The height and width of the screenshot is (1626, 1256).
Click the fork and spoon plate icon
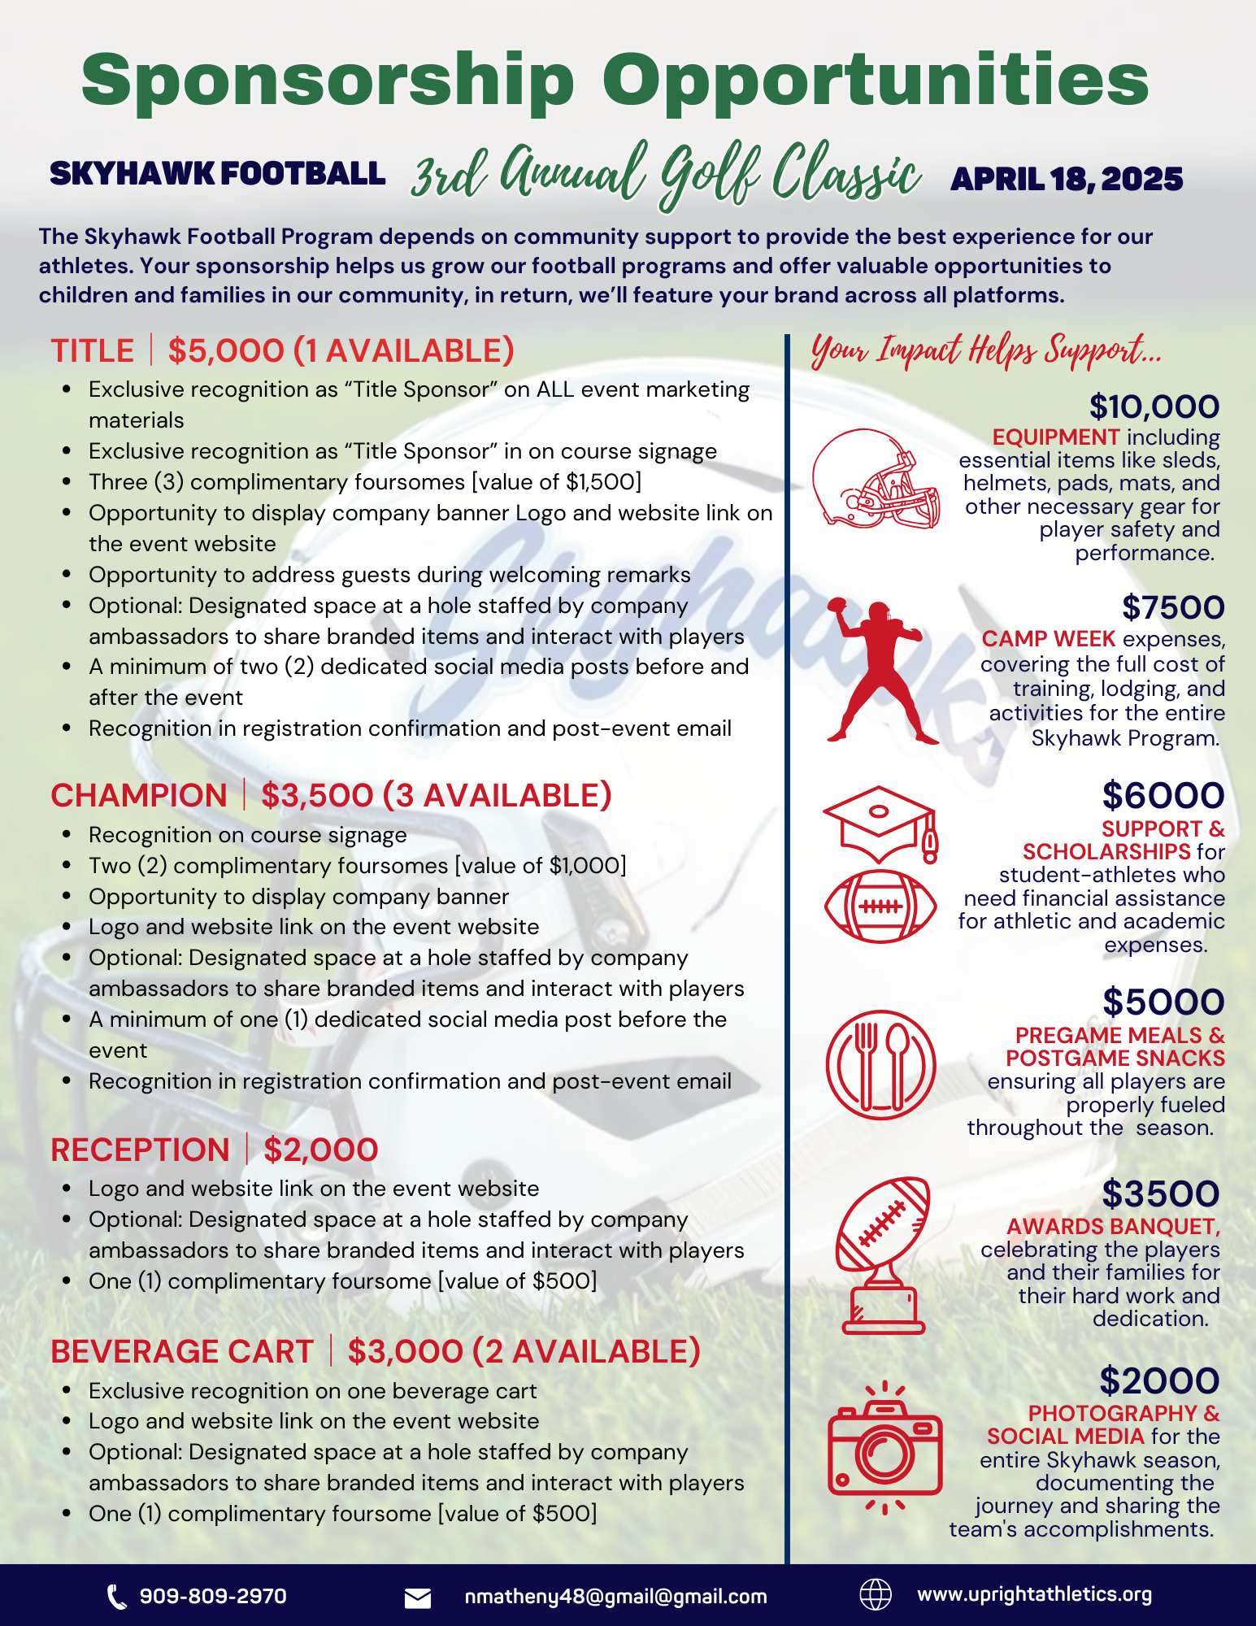pos(880,1064)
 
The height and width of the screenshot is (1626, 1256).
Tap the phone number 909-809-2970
pos(213,1596)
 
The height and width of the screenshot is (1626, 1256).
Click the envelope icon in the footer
pos(418,1598)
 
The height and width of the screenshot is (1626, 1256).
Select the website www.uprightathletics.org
pos(1034,1594)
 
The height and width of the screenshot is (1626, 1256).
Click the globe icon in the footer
pos(876,1594)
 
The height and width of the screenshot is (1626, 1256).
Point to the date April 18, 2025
pos(1067,179)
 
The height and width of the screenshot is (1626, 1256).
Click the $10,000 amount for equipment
pos(1154,406)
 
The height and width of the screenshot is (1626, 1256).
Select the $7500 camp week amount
pos(1172,607)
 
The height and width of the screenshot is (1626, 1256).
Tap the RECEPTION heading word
pos(140,1150)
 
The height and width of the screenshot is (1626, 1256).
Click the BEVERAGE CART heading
pos(182,1351)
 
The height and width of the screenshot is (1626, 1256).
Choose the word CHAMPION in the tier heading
pos(139,795)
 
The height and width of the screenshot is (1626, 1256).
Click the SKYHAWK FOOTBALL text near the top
pos(217,173)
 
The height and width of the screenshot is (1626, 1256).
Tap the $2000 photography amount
pos(1159,1380)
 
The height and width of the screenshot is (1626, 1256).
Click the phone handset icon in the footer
pos(117,1597)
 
